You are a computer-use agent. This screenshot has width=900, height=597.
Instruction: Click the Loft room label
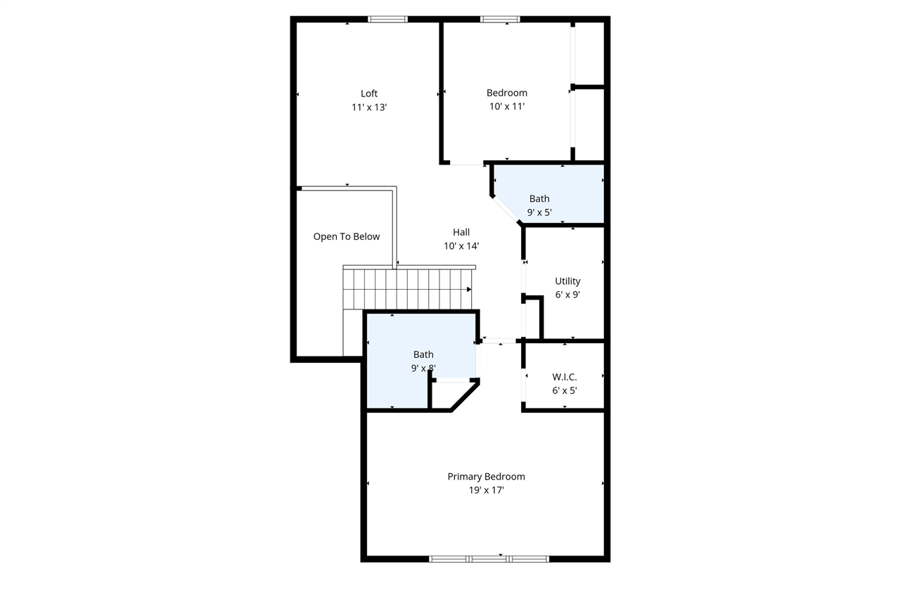(x=369, y=94)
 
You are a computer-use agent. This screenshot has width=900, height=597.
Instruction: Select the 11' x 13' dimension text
(x=369, y=108)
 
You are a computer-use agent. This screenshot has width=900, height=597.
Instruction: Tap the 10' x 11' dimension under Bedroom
(x=507, y=107)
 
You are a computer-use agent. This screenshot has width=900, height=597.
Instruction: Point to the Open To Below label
(x=346, y=237)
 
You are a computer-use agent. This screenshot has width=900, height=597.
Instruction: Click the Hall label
(x=461, y=232)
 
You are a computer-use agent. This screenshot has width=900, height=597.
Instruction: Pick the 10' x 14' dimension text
(x=461, y=246)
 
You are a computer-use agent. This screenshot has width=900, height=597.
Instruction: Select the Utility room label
(x=567, y=281)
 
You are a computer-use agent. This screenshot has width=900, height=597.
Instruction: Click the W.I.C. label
(x=565, y=377)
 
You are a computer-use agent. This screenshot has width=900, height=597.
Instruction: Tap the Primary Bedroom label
(x=486, y=477)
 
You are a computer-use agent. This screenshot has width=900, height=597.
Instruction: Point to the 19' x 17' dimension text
(x=486, y=491)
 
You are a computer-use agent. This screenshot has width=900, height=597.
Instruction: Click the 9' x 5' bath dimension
(x=539, y=212)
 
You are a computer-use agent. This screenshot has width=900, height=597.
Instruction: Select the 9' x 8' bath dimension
(x=423, y=368)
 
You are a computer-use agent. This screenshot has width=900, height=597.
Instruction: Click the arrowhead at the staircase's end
(x=469, y=289)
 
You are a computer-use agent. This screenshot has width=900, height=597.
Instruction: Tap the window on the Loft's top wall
(x=388, y=19)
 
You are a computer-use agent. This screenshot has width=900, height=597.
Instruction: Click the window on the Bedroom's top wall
(x=500, y=19)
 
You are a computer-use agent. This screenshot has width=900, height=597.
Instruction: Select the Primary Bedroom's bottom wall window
(x=489, y=559)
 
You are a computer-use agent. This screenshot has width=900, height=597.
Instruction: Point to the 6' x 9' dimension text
(x=567, y=295)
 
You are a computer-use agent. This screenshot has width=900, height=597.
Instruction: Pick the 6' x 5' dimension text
(x=565, y=391)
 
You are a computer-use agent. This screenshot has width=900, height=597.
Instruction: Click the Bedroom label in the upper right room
(x=507, y=93)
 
